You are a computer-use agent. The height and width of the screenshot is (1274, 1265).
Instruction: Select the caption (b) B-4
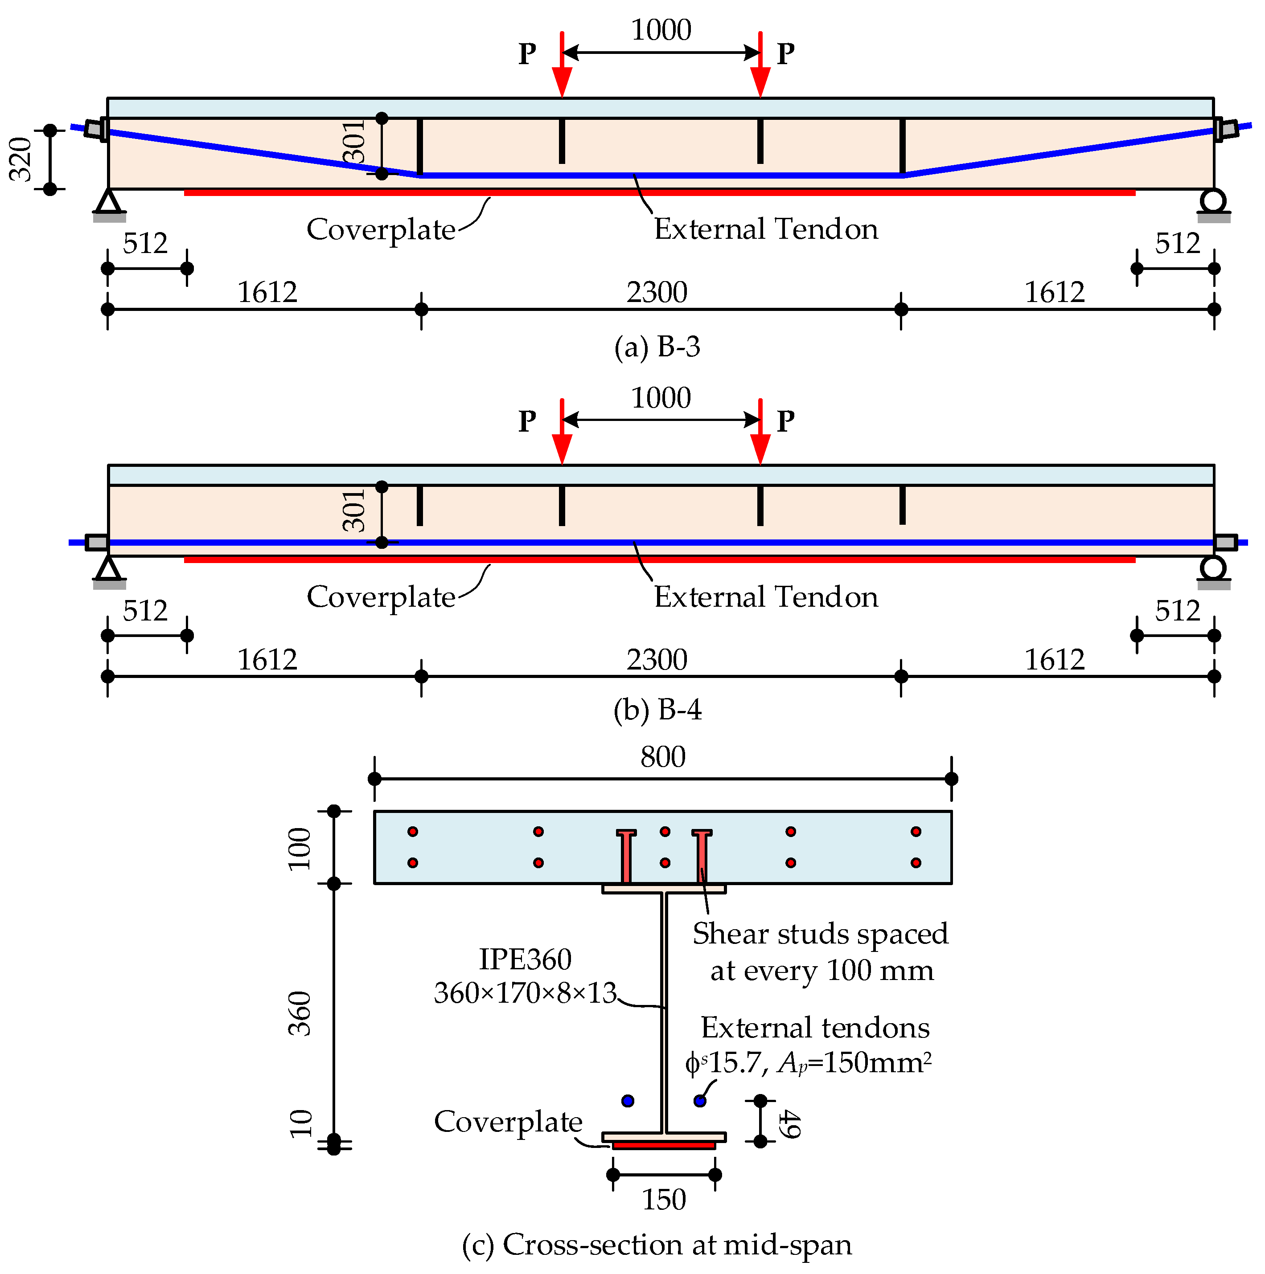pyautogui.click(x=657, y=710)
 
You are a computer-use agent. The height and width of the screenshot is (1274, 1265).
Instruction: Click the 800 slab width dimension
pyautogui.click(x=662, y=757)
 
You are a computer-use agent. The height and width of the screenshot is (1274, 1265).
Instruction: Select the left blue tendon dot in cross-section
pyautogui.click(x=628, y=1101)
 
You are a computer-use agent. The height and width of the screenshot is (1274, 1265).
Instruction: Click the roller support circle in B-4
pyautogui.click(x=1213, y=567)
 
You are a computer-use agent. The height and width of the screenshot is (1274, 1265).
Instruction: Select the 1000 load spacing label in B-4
pyautogui.click(x=661, y=398)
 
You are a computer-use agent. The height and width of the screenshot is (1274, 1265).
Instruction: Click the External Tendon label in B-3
pyautogui.click(x=765, y=229)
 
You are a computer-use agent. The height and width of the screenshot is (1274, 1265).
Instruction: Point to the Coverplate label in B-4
pyautogui.click(x=381, y=597)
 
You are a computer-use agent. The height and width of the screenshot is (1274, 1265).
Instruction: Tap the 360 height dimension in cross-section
pyautogui.click(x=300, y=1013)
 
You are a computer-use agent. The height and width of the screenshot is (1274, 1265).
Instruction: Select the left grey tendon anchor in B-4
pyautogui.click(x=97, y=543)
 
